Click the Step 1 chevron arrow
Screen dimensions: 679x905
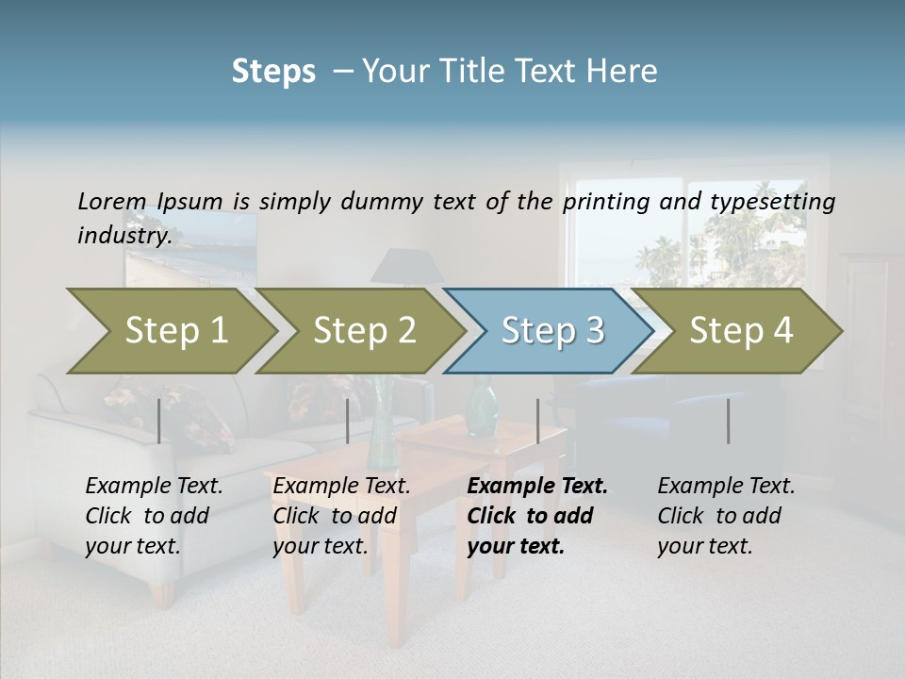point(174,331)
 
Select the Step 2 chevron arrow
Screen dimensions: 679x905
point(363,331)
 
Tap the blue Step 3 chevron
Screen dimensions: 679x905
point(551,331)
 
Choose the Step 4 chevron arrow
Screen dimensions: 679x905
point(740,331)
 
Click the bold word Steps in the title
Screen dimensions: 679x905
point(273,72)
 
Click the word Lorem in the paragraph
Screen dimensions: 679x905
point(112,202)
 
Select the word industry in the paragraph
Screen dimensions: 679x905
point(123,236)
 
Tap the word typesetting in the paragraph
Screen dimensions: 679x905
point(772,202)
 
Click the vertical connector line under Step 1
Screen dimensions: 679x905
point(159,421)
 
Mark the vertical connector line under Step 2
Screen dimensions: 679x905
point(348,421)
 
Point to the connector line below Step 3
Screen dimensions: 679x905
point(537,421)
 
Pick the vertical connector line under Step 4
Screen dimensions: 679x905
point(728,421)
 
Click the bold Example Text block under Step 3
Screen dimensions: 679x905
point(536,516)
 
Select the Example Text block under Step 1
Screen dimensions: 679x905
point(154,516)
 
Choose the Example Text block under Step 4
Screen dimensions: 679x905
point(726,516)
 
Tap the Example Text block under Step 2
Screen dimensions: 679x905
point(341,516)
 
